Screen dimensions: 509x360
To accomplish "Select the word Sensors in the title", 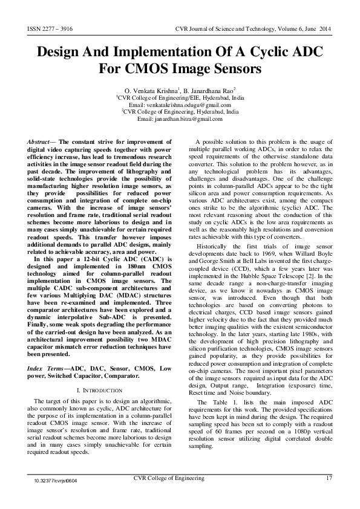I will [x=229, y=68].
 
